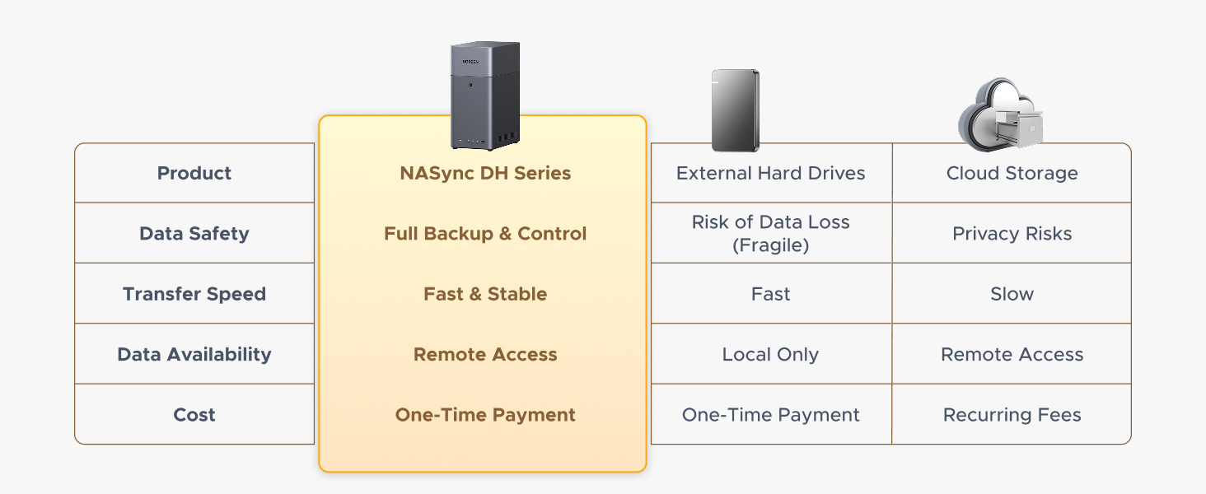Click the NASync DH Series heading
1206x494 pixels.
[485, 174]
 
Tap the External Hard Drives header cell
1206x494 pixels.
[770, 174]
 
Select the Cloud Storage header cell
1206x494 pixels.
[1012, 174]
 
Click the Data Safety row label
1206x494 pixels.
[194, 234]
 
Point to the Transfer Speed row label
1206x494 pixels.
[194, 294]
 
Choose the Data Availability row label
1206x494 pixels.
[194, 355]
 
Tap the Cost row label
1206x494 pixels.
[194, 415]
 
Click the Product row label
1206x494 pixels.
[194, 174]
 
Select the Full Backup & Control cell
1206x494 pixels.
[485, 234]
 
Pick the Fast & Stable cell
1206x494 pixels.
[485, 294]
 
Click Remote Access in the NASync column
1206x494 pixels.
[485, 355]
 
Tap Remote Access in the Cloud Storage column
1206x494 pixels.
[1012, 355]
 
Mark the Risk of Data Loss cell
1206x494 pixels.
[770, 234]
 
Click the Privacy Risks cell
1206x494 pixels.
[1012, 234]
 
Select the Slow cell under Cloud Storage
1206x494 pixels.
[1012, 294]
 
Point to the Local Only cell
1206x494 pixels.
[770, 355]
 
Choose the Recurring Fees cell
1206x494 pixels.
[1012, 415]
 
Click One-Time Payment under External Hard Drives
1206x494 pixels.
[770, 415]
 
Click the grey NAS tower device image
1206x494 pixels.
[485, 95]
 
